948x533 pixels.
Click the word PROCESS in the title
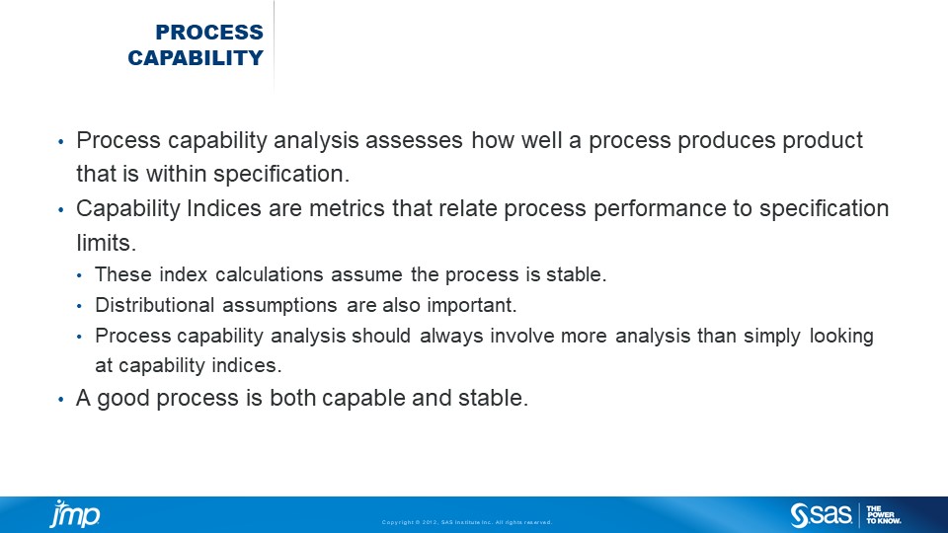coord(209,32)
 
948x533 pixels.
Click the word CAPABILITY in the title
coord(196,58)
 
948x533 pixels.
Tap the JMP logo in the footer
coord(75,513)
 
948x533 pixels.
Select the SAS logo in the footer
coord(821,515)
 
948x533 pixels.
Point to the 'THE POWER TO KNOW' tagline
coord(883,515)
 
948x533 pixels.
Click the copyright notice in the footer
coord(467,522)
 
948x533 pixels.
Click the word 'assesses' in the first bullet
coord(414,140)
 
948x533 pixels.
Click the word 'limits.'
coord(107,243)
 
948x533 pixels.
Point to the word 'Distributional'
coord(155,305)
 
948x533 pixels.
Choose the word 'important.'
coord(472,306)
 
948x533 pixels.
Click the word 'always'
coord(451,336)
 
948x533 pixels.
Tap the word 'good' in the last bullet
coord(123,398)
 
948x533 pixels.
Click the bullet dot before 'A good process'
coord(60,400)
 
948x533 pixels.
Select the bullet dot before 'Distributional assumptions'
coord(79,306)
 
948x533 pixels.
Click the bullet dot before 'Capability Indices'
coord(60,210)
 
